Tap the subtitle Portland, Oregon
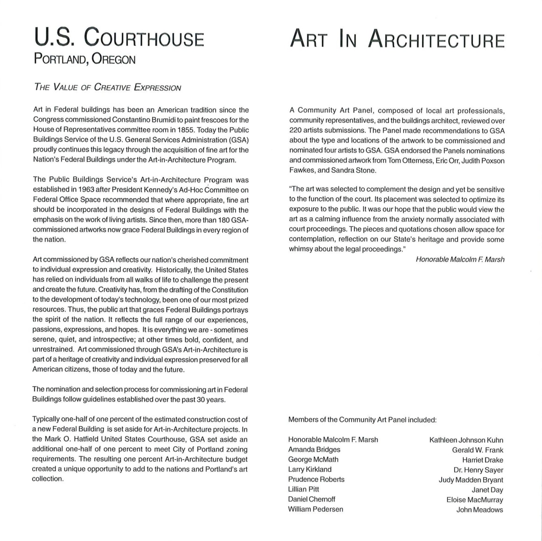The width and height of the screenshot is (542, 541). [x=84, y=60]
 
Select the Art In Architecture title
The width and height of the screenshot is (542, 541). [x=397, y=39]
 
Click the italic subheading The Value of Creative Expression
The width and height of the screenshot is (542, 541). [x=107, y=88]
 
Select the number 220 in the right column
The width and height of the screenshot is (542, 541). [x=295, y=131]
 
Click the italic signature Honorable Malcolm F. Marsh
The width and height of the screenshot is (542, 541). [x=460, y=259]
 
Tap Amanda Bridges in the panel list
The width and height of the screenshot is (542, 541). [x=314, y=450]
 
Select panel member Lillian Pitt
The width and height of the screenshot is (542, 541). [x=304, y=489]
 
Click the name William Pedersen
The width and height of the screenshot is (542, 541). [x=315, y=509]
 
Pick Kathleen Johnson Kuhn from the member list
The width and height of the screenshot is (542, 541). [x=466, y=440]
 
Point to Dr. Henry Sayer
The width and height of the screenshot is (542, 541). [x=478, y=470]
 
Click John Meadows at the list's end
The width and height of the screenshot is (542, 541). [x=479, y=510]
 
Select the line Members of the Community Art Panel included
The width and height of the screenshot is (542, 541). [x=362, y=420]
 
